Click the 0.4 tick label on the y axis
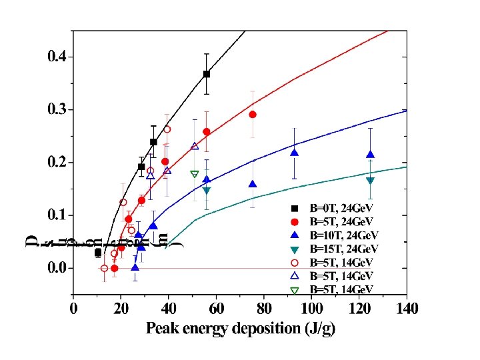pyautogui.click(x=56, y=57)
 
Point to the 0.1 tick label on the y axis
pyautogui.click(x=56, y=215)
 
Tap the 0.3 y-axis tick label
pyautogui.click(x=56, y=109)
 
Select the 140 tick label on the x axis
pyautogui.click(x=407, y=309)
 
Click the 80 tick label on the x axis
pyautogui.click(x=264, y=309)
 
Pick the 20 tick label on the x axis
pyautogui.click(x=121, y=309)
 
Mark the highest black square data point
pyautogui.click(x=207, y=74)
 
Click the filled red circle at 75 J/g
pyautogui.click(x=253, y=115)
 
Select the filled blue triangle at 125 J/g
pyautogui.click(x=370, y=155)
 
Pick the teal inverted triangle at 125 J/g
pyautogui.click(x=370, y=181)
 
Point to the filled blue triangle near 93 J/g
pyautogui.click(x=294, y=153)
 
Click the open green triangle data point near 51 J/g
pyautogui.click(x=195, y=174)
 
